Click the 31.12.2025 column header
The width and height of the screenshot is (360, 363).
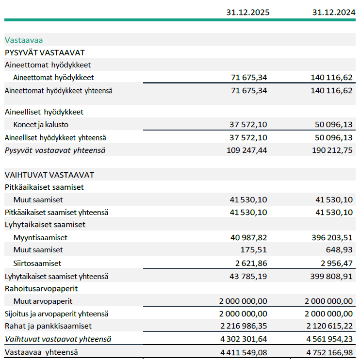(x=247, y=12)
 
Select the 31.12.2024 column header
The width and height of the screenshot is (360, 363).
(x=332, y=12)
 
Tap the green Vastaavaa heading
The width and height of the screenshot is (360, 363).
(x=24, y=40)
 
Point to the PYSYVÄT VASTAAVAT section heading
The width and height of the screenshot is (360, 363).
(x=45, y=52)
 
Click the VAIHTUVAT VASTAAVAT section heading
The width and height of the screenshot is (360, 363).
(x=49, y=175)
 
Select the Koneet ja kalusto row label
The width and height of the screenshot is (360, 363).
(x=41, y=125)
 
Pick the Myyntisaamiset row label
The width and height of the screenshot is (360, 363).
(x=40, y=238)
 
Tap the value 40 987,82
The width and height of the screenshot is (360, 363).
(x=248, y=238)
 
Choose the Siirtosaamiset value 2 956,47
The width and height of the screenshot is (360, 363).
(x=334, y=264)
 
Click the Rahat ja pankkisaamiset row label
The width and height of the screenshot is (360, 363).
(x=48, y=326)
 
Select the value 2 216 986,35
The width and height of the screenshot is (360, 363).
(x=243, y=326)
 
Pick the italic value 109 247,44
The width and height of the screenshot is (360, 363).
(x=247, y=150)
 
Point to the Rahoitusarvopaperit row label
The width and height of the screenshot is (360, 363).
(x=41, y=288)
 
